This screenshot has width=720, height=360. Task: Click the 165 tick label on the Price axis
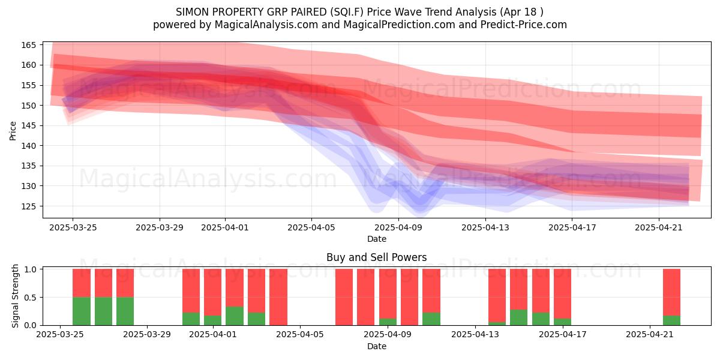point(28,45)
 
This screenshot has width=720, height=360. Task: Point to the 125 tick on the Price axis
point(28,206)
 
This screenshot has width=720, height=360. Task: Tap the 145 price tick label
point(28,125)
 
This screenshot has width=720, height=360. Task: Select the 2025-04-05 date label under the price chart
point(311,227)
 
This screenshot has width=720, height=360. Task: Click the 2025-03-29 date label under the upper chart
point(160,227)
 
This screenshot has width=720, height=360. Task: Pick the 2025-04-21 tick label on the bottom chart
point(650,334)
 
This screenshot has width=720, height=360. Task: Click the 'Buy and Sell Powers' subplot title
point(376,257)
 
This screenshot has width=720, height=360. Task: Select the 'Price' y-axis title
point(13,131)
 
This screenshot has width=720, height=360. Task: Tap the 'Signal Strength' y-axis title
point(15,296)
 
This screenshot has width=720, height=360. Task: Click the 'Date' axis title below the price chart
point(377,239)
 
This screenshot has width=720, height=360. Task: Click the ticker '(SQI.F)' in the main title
point(347,12)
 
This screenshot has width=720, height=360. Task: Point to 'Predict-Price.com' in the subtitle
point(524,25)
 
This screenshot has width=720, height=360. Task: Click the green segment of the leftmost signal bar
point(82,311)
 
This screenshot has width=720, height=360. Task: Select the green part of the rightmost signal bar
point(672,320)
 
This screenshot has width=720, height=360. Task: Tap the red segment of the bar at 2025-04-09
point(388,294)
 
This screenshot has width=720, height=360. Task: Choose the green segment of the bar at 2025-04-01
point(213,320)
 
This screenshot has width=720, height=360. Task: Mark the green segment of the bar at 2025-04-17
point(563,322)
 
